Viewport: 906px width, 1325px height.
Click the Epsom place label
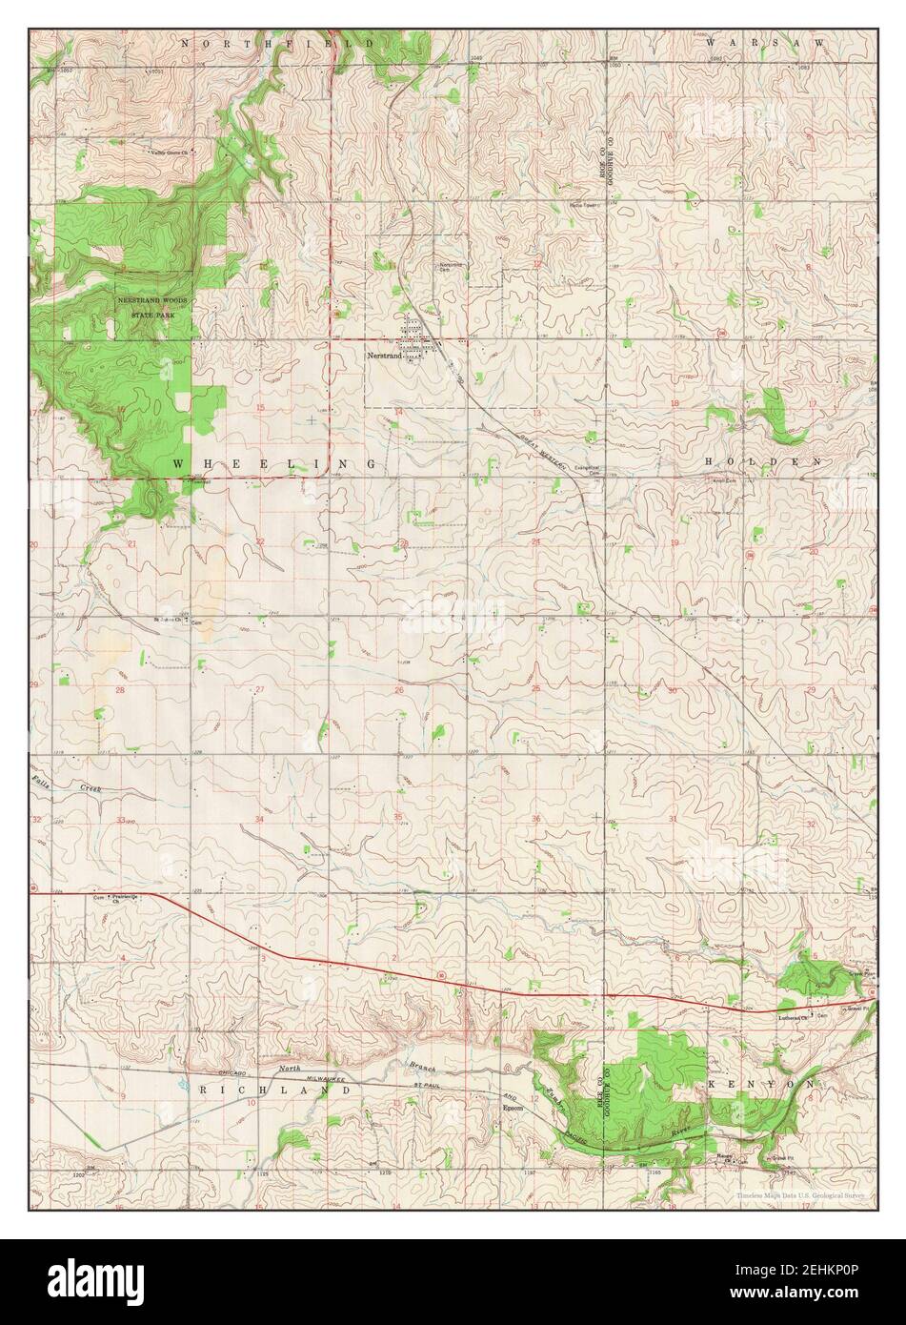click(x=513, y=1109)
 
